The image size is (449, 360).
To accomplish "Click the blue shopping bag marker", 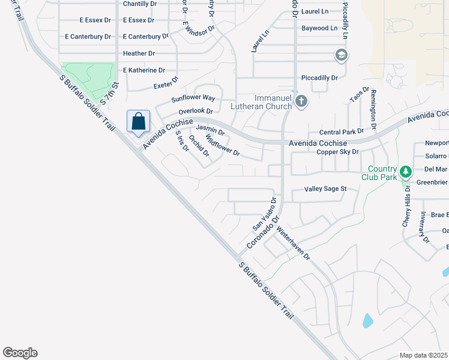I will pos(139,121).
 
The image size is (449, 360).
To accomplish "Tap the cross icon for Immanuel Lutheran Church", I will pos(301,101).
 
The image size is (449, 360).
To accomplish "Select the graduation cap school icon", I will pos(342,56).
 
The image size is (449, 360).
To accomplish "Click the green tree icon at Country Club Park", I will pos(406,172).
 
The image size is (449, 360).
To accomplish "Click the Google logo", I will pos(20,353).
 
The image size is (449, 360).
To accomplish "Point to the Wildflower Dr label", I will pos(222,146).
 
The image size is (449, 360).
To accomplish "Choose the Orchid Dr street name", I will pos(199,146).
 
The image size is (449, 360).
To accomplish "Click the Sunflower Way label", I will pos(193,98).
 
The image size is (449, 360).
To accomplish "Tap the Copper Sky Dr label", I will pos(337,152).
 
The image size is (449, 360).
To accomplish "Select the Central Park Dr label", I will pos(342,131).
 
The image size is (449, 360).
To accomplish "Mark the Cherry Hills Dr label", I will pos(408,205).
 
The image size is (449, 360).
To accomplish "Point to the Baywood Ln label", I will pos(319,28).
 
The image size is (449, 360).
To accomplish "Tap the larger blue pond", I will pos(367,320).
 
